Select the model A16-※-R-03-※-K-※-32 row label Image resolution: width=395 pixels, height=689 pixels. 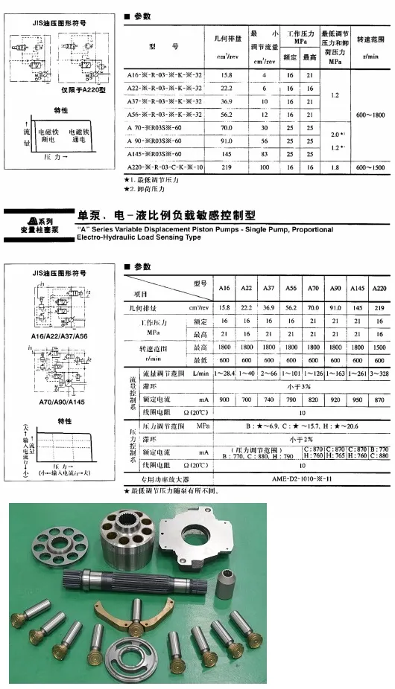[x=163, y=74]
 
